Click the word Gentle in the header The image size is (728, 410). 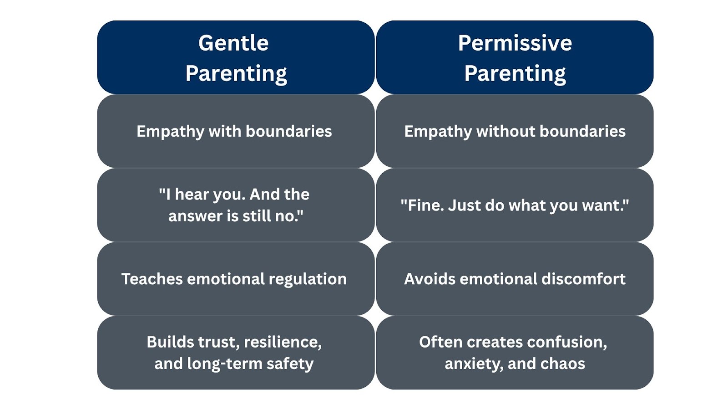(234, 43)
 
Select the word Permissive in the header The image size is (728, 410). (515, 43)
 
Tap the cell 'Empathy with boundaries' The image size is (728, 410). (236, 131)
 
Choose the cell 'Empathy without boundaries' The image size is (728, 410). (515, 131)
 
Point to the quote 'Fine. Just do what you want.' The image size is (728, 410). (515, 205)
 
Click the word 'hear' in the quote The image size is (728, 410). (192, 194)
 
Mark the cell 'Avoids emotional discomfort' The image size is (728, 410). (515, 279)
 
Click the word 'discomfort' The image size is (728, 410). (583, 279)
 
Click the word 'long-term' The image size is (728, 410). (225, 364)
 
